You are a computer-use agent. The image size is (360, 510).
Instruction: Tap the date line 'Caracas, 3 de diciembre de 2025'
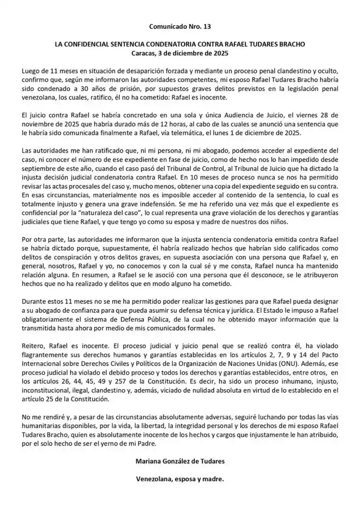point(179,54)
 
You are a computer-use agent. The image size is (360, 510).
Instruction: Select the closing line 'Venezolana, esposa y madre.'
point(179,482)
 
